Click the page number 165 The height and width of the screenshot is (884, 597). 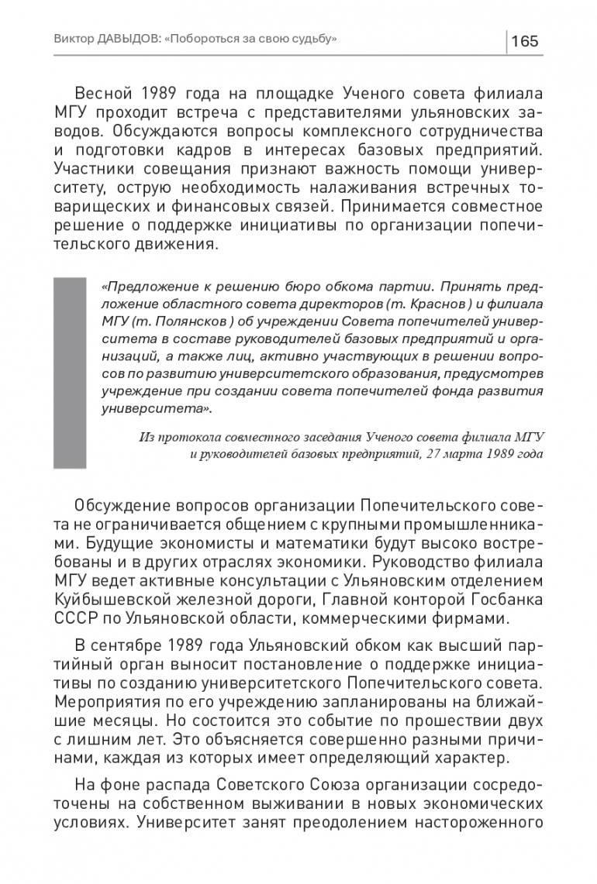click(525, 41)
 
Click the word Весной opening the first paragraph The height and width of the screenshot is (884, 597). click(114, 95)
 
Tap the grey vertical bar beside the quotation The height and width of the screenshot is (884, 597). click(69, 373)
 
